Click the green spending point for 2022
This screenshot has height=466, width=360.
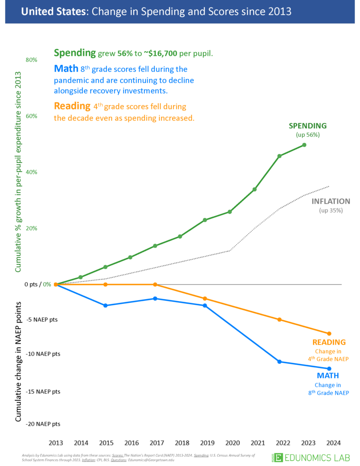click(x=279, y=156)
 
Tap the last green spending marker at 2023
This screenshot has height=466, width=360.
click(x=304, y=145)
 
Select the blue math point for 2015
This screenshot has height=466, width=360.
click(x=105, y=306)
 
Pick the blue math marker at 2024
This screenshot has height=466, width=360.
click(x=329, y=368)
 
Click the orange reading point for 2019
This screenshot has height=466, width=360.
click(x=205, y=299)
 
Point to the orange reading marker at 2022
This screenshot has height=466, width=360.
click(x=279, y=320)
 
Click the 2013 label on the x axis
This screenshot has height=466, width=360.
click(x=56, y=443)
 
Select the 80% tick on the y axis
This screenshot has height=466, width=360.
click(x=31, y=60)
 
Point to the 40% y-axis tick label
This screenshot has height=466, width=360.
click(x=31, y=172)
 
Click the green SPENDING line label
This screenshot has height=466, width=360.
click(x=307, y=126)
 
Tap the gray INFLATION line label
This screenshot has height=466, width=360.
click(x=331, y=202)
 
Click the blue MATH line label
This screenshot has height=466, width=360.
click(x=328, y=376)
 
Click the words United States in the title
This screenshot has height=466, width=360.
click(x=46, y=11)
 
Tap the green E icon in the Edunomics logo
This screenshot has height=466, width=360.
click(x=278, y=457)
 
